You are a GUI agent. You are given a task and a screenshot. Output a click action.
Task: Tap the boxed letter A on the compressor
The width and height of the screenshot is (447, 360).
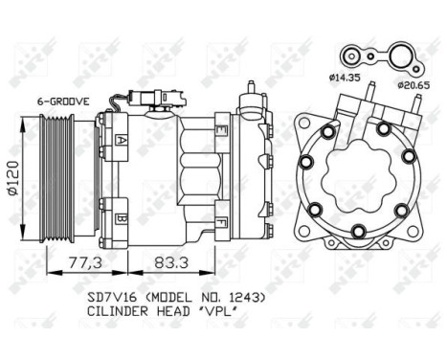click(123, 140)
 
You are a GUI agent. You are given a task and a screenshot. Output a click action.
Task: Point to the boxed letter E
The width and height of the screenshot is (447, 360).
click(222, 128)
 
